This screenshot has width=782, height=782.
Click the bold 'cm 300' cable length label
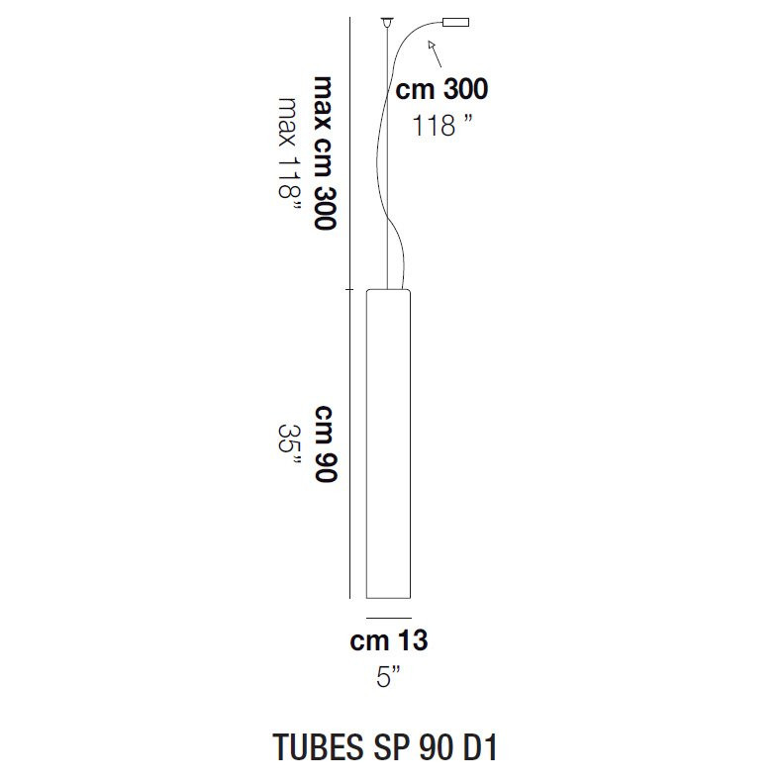[x=440, y=90]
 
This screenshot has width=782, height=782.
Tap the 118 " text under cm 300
[x=440, y=125]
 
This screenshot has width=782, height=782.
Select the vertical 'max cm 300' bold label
[x=324, y=151]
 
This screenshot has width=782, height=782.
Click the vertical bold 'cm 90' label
[x=326, y=443]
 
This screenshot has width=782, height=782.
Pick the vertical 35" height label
[x=288, y=443]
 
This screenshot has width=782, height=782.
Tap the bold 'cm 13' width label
[x=389, y=640]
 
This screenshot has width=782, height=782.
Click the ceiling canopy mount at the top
[x=385, y=22]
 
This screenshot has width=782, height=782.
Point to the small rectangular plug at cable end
[x=454, y=23]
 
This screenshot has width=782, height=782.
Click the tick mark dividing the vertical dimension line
[x=349, y=290]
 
